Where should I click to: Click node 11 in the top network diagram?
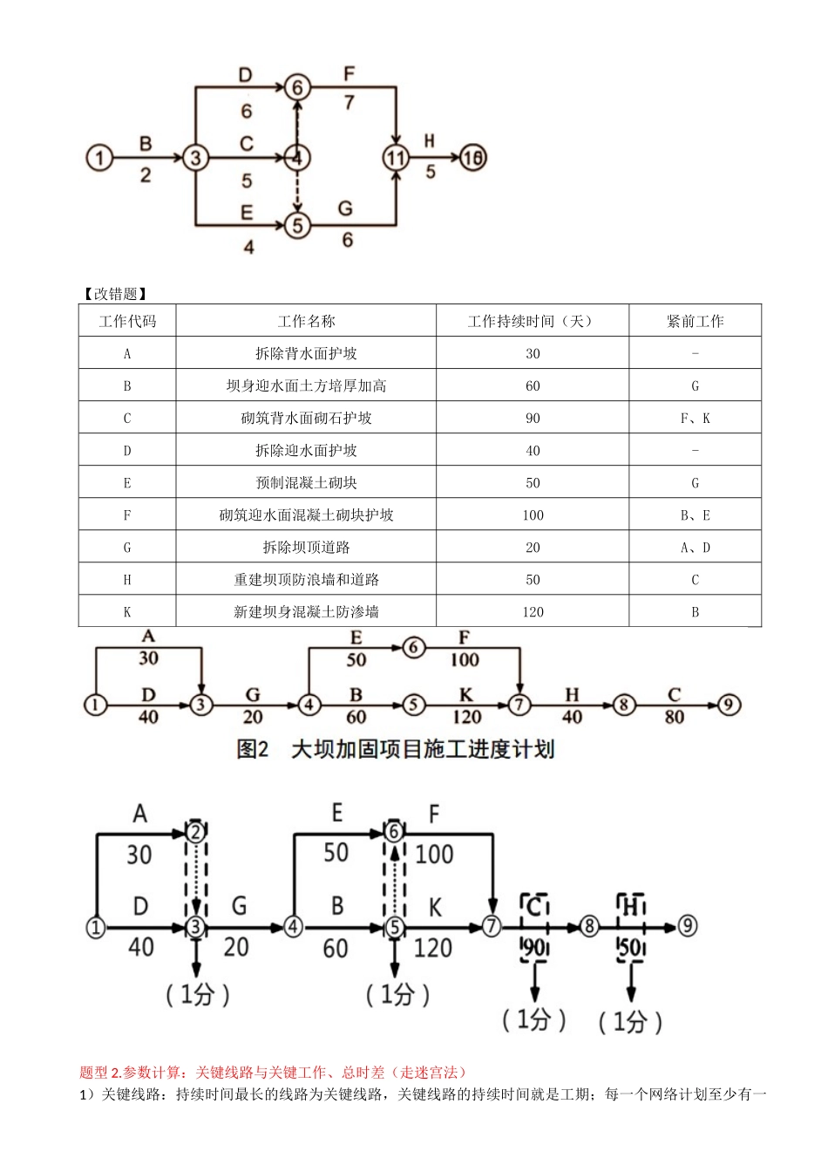tap(396, 158)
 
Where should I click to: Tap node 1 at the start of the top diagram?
tap(99, 158)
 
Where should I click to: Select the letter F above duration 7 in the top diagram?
tap(349, 74)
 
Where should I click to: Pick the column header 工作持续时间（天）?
tap(532, 321)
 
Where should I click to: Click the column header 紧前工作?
tap(695, 321)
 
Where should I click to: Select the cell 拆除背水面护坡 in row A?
tap(306, 353)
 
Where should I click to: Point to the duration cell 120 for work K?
tap(533, 611)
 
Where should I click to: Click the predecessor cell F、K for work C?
tap(695, 418)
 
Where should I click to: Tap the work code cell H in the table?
tap(127, 579)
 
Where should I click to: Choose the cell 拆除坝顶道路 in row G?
tap(306, 547)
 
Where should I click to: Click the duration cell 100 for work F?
tap(533, 514)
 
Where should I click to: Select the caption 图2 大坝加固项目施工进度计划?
tap(396, 749)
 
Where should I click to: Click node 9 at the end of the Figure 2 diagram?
tap(729, 705)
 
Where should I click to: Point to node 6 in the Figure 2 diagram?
tap(414, 647)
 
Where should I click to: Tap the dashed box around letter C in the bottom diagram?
tap(534, 907)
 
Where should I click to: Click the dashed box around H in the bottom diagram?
tap(630, 907)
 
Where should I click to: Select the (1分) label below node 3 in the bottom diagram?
tap(197, 994)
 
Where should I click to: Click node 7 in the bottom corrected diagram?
tap(492, 926)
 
